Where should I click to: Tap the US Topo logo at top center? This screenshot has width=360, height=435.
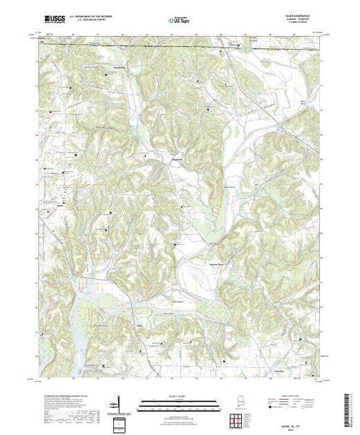pyautogui.click(x=180, y=19)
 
